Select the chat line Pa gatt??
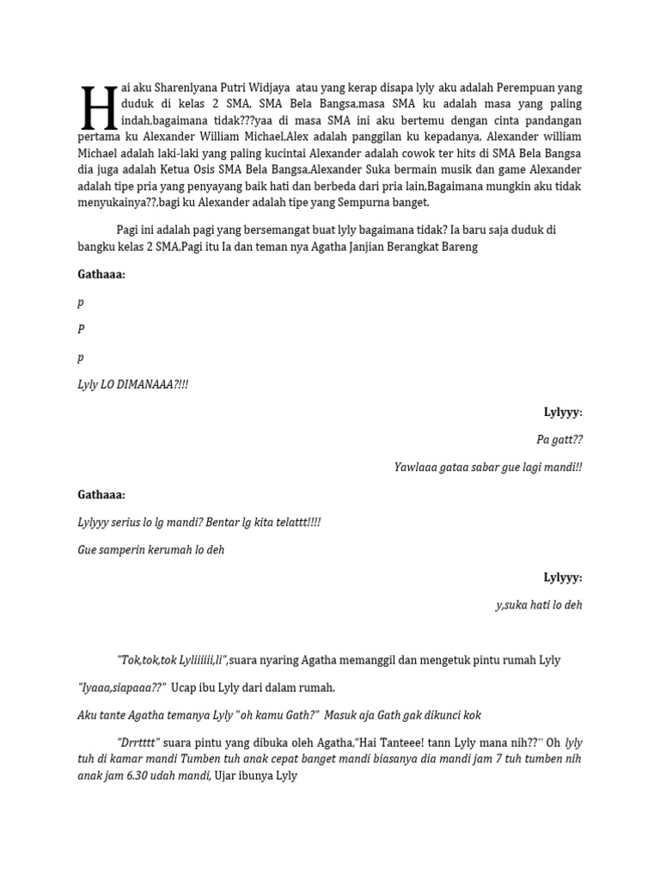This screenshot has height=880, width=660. click(559, 440)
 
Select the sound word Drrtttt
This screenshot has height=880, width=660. click(138, 742)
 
